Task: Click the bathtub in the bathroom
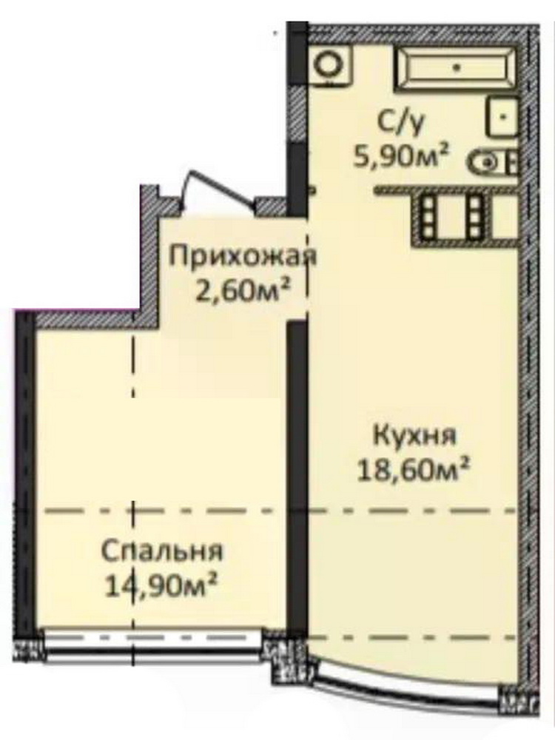[457, 67]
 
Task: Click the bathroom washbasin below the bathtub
[502, 116]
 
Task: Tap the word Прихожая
[242, 257]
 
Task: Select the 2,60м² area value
[242, 289]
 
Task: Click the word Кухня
[415, 435]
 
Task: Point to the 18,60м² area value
[414, 468]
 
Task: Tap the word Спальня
[162, 551]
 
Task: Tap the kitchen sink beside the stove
[505, 216]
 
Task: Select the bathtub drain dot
[457, 67]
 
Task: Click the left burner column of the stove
[428, 216]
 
